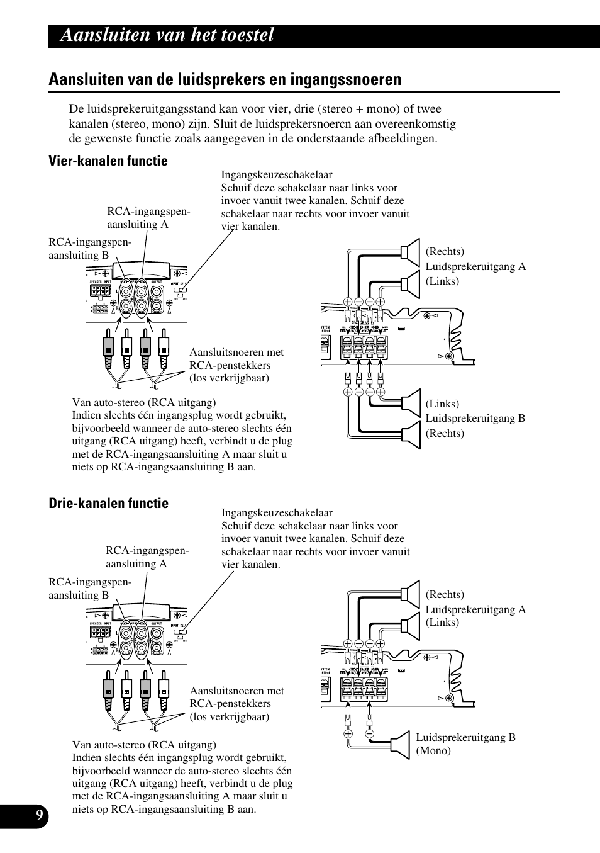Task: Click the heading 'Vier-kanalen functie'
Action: point(108,161)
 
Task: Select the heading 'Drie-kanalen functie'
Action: point(108,504)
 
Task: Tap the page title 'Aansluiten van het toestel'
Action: point(167,35)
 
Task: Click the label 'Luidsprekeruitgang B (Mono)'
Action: point(465,744)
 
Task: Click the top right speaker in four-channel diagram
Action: point(411,252)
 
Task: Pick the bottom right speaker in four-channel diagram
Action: point(411,435)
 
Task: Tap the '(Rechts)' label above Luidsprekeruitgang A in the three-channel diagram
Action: point(445,595)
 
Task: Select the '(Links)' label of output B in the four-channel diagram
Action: point(442,404)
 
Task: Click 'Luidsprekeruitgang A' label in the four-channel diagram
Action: point(475,266)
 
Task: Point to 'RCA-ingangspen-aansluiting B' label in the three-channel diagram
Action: point(90,589)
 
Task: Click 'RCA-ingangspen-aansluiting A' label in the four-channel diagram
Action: point(148,218)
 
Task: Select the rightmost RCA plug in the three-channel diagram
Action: point(164,692)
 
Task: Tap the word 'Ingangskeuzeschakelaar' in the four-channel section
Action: point(277,175)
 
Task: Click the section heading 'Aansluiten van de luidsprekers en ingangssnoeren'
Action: point(225,79)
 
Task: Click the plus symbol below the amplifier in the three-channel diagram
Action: point(348,733)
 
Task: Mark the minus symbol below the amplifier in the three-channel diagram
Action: point(370,733)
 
